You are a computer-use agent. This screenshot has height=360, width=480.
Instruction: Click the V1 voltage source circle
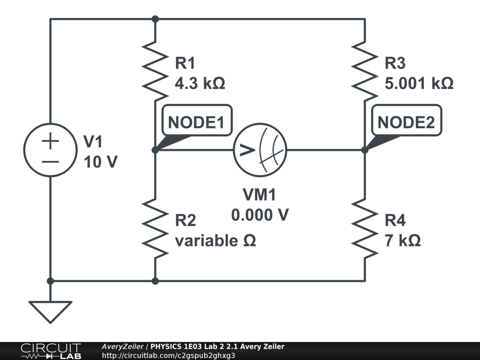pos(50,150)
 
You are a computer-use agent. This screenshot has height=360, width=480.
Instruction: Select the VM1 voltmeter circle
pos(260,150)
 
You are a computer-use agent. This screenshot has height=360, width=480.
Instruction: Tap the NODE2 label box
pos(406,122)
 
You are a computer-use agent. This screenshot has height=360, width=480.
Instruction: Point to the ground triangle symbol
pos(50,311)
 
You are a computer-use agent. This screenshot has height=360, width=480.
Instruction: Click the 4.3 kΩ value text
pos(200,84)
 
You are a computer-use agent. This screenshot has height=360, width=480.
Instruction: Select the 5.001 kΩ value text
pos(419,84)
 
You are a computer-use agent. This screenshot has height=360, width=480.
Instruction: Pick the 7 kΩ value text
pos(403,241)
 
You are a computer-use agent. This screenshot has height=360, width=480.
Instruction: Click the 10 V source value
pos(100,162)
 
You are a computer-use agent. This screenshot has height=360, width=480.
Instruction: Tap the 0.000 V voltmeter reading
pos(260,214)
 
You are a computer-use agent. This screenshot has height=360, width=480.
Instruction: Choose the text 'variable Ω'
pos(215,241)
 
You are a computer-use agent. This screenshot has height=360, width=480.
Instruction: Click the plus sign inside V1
pos(50,141)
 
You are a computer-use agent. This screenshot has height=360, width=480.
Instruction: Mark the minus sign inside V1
pos(50,161)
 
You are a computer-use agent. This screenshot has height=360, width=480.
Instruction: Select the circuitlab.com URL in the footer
pos(168,355)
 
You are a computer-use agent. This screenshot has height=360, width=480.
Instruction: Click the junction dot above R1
pos(155,19)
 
